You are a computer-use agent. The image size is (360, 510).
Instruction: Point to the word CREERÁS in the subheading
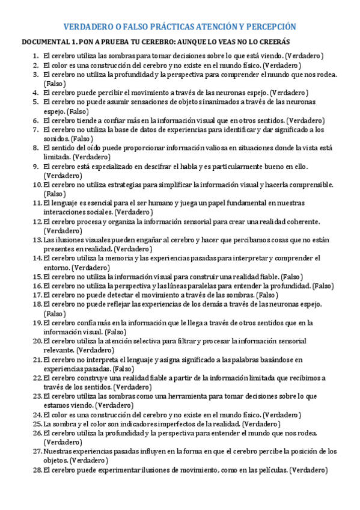pyautogui.click(x=273, y=42)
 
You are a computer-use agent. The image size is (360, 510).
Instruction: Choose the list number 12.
pyautogui.click(x=36, y=222)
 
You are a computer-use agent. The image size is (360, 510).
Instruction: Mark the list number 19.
pyautogui.click(x=36, y=323)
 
